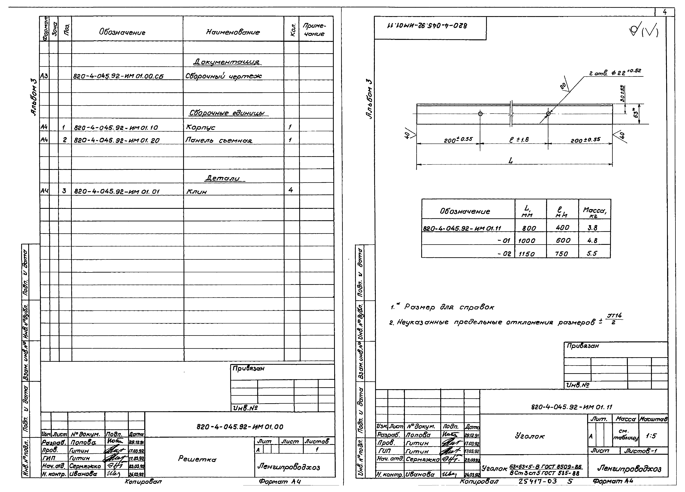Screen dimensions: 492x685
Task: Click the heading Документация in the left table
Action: coord(227,62)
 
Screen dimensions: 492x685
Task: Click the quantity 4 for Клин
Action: coord(291,190)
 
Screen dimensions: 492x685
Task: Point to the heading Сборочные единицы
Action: coord(227,113)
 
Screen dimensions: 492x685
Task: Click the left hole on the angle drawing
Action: coord(480,114)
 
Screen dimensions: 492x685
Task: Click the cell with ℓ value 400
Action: coord(562,227)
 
